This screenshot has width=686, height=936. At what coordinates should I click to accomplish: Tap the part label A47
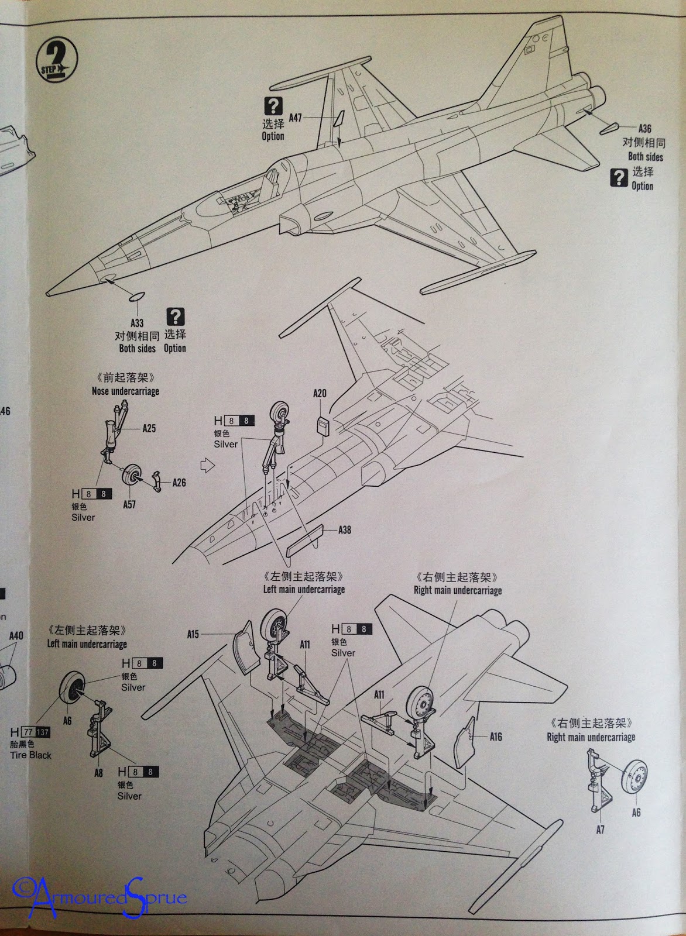(x=295, y=118)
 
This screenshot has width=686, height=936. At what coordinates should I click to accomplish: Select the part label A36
(x=644, y=129)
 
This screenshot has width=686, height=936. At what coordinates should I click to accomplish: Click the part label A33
(x=137, y=323)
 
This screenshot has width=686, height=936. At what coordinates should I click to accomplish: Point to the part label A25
(x=149, y=429)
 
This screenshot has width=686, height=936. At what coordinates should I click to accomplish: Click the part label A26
(x=179, y=483)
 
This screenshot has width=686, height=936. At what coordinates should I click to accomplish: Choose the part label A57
(x=129, y=504)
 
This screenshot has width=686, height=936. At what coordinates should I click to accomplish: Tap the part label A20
(x=320, y=394)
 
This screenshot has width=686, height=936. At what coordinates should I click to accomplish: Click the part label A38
(x=345, y=530)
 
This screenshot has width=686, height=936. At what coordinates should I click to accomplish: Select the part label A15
(x=193, y=634)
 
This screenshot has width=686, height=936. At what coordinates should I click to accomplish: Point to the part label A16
(x=496, y=737)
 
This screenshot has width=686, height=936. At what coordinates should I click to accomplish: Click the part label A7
(x=600, y=830)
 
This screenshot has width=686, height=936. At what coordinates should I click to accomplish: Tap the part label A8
(x=98, y=773)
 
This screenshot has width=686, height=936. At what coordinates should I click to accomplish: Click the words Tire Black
(x=30, y=755)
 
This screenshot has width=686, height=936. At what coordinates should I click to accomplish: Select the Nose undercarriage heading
(x=125, y=391)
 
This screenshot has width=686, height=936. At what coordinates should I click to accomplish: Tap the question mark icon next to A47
(x=273, y=106)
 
